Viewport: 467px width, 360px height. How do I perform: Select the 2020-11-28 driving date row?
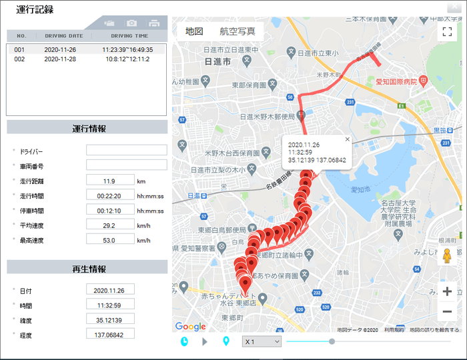click(64, 59)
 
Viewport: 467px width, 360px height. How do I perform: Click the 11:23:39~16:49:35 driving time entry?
click(127, 50)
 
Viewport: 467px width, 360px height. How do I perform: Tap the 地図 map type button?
click(194, 31)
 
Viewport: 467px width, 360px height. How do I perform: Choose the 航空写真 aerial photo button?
click(237, 31)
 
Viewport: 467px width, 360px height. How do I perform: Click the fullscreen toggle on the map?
click(447, 31)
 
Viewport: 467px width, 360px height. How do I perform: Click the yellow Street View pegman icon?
click(447, 255)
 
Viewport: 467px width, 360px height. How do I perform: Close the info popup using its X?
click(347, 139)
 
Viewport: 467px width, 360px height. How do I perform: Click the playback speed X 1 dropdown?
click(262, 341)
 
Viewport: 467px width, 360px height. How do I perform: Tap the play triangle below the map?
click(205, 341)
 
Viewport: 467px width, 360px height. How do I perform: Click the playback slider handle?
click(332, 341)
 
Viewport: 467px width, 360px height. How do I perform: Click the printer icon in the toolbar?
click(154, 23)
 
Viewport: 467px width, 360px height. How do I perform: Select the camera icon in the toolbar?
click(132, 23)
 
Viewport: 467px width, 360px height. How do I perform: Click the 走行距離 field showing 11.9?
click(109, 181)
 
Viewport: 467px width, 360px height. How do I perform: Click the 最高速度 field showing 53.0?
click(109, 240)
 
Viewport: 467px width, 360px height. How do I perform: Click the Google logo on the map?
click(190, 326)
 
